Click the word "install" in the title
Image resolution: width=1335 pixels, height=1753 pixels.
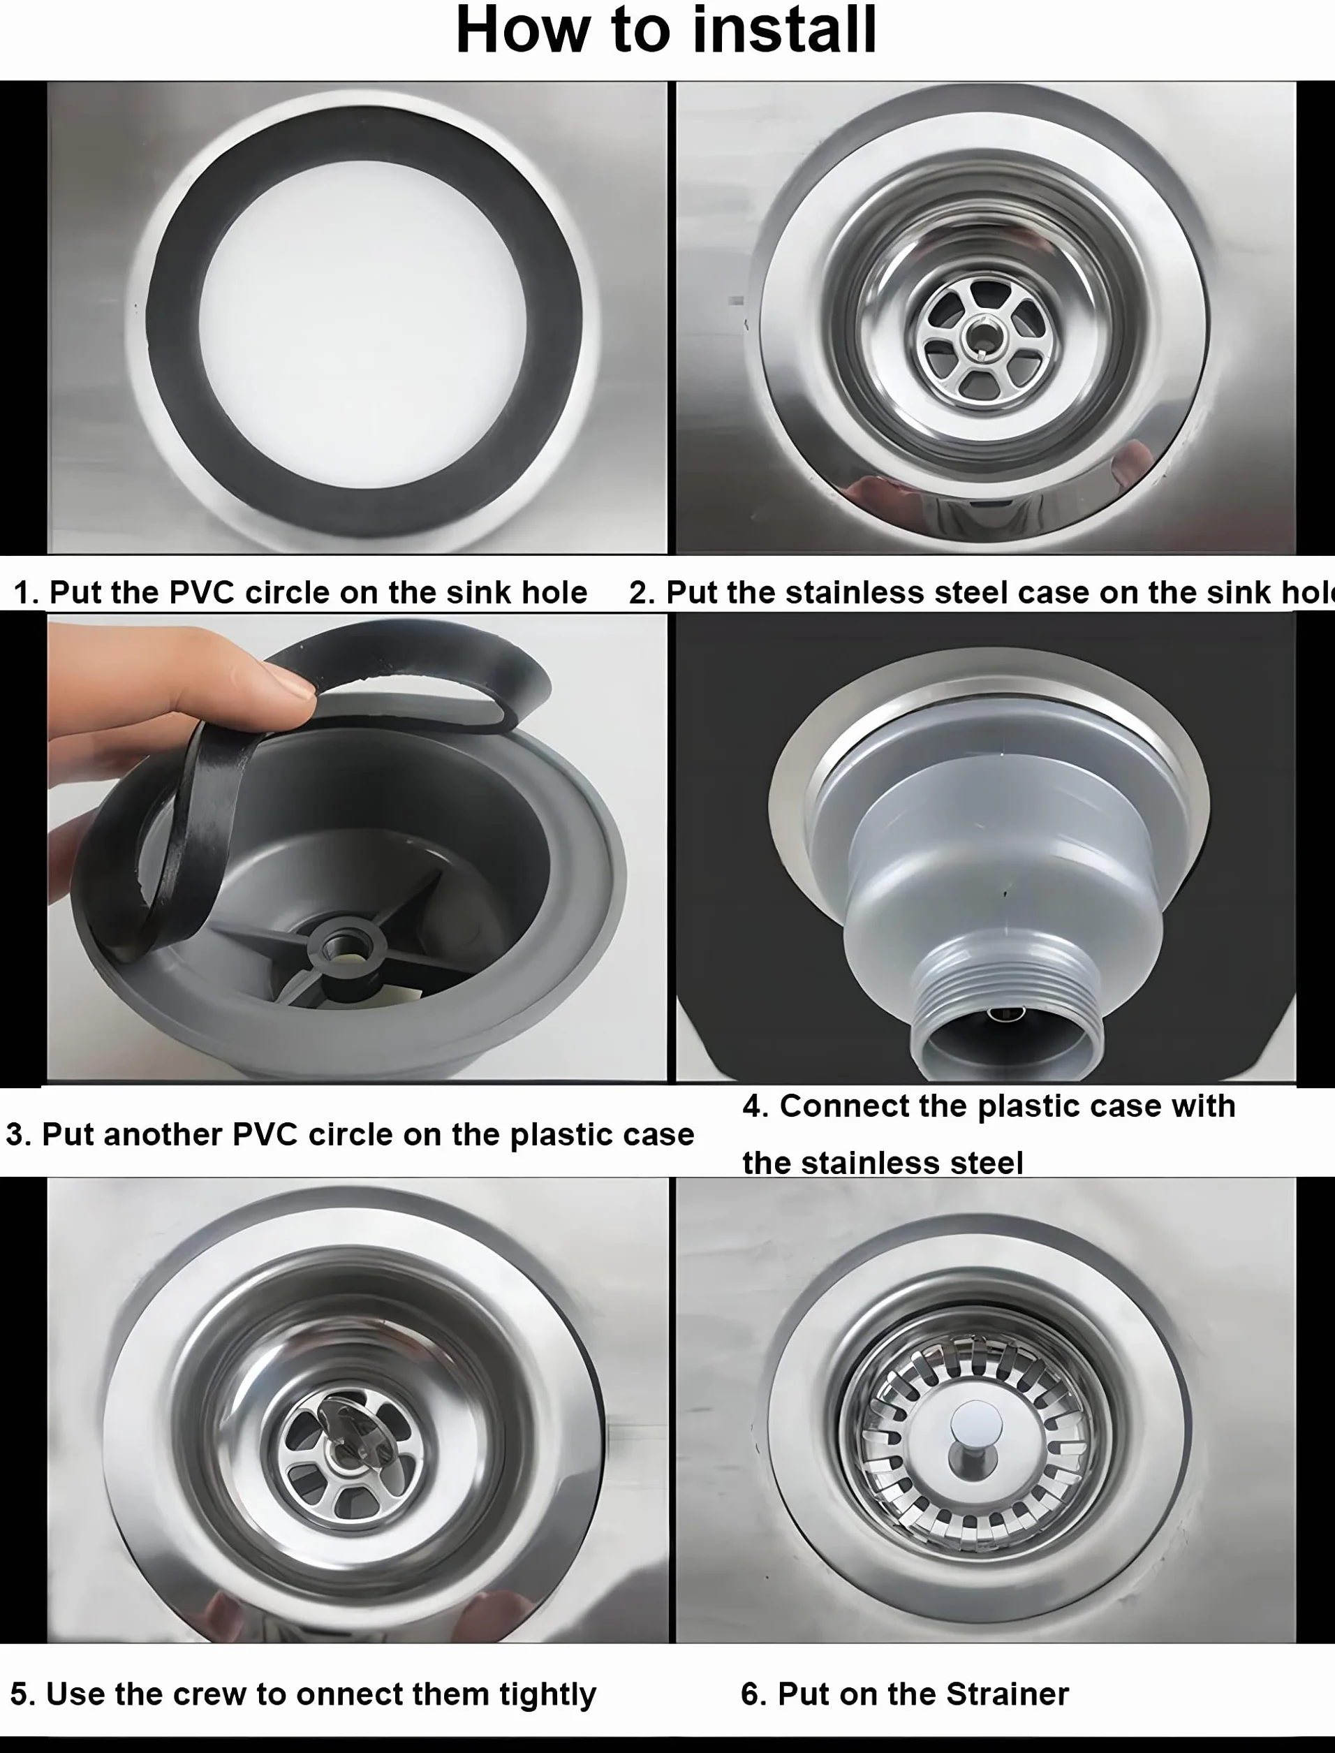point(784,30)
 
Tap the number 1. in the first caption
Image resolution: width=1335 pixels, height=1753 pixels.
point(27,593)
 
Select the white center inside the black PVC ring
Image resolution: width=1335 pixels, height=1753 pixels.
point(363,321)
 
